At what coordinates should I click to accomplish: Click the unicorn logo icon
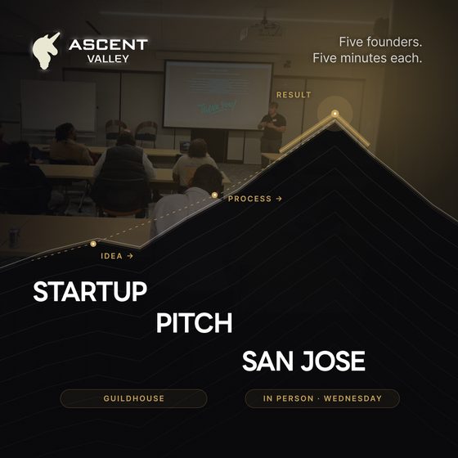tap(46, 51)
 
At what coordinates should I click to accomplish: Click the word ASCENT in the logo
tap(108, 45)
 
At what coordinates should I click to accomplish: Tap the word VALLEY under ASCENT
tap(108, 59)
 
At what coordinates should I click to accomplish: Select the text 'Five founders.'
tap(380, 42)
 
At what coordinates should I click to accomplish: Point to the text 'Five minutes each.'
tap(367, 58)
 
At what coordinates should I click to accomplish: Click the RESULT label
tap(294, 95)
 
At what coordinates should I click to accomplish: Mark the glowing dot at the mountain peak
tap(335, 114)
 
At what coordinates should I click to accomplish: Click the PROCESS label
tap(249, 199)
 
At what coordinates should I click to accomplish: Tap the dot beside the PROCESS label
tap(214, 195)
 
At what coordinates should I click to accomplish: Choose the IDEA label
tap(111, 256)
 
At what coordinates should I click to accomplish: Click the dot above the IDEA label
tap(93, 244)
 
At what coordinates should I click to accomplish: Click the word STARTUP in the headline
tap(90, 291)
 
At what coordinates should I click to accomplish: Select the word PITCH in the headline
tap(195, 323)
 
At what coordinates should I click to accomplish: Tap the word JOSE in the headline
tap(333, 361)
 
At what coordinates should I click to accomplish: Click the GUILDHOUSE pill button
tap(133, 398)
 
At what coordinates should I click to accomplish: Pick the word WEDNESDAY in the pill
tap(352, 398)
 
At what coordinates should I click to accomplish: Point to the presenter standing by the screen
tap(272, 132)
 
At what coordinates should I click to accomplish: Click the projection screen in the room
tap(218, 95)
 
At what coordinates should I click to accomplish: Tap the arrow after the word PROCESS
tap(279, 199)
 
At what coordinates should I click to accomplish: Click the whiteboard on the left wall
tap(58, 106)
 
